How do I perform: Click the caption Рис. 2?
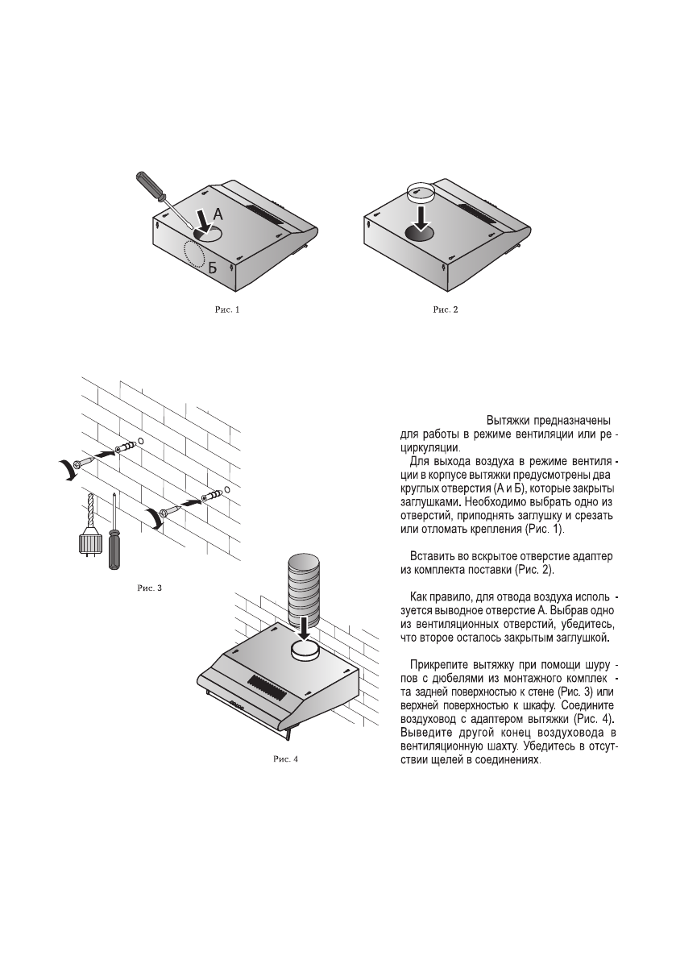446,310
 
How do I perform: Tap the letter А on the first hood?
218,214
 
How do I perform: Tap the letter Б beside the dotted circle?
213,268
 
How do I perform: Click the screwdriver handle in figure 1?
150,185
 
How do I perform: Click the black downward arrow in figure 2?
421,217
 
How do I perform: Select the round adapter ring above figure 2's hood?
421,191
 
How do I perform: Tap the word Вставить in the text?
434,556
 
